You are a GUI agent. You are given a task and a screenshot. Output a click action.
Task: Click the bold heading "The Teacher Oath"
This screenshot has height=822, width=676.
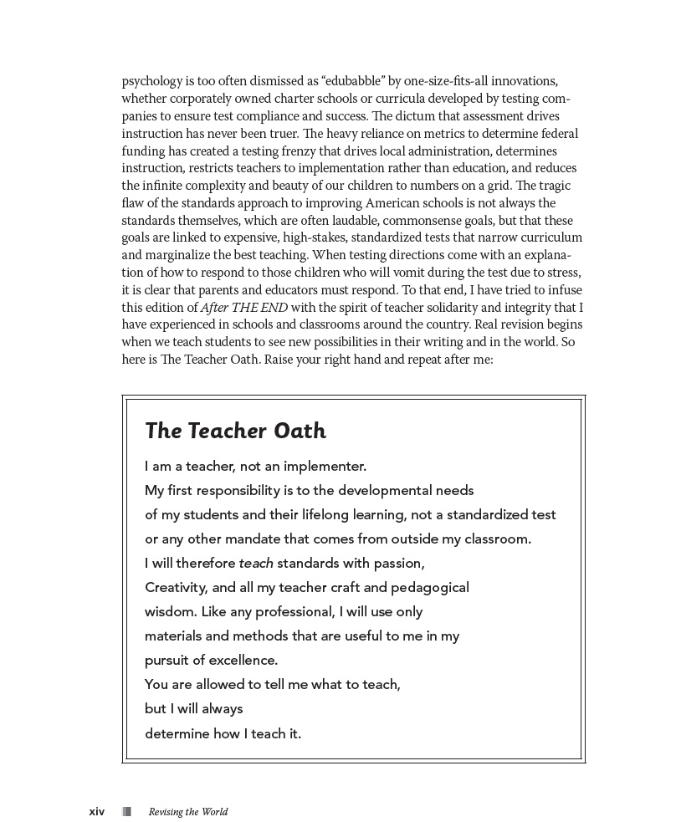point(235,431)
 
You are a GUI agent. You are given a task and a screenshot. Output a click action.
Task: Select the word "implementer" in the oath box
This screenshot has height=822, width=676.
point(325,466)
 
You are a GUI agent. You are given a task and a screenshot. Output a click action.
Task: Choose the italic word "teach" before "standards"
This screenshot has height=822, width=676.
point(256,563)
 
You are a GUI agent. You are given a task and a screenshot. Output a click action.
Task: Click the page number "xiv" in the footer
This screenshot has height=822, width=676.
point(97,811)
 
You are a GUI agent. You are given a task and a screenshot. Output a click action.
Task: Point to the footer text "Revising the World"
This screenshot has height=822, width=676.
point(188,811)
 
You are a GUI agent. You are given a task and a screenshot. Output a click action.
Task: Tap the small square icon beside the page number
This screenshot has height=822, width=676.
point(127,811)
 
